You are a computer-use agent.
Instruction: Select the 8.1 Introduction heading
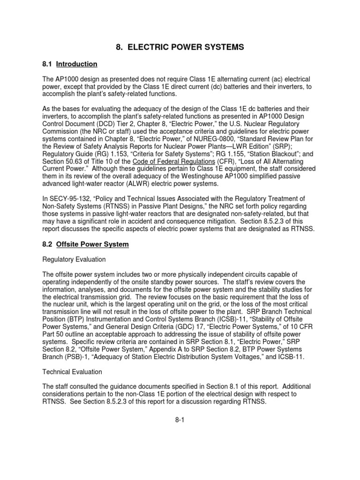[x=70, y=64]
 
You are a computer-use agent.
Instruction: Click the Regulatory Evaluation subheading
[x=74, y=259]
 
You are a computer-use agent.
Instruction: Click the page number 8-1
[x=180, y=420]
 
